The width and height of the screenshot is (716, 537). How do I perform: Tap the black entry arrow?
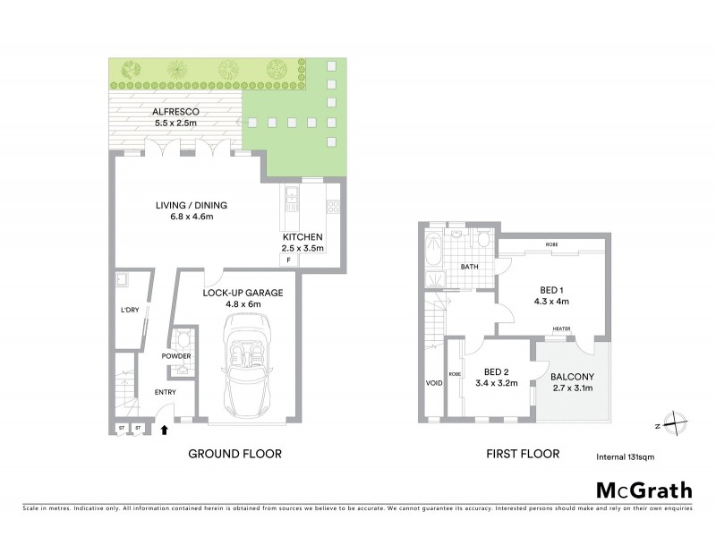click(164, 430)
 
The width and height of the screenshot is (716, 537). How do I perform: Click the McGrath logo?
click(644, 490)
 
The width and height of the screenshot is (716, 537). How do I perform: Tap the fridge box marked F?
click(288, 260)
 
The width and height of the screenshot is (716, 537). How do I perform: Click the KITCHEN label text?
click(303, 236)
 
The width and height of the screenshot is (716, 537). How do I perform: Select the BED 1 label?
click(553, 289)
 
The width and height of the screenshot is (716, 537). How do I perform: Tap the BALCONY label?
click(569, 377)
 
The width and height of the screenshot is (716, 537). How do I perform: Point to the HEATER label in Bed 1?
click(562, 328)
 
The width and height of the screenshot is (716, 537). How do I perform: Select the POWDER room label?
click(176, 356)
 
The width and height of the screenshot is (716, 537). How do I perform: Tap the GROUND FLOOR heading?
click(234, 454)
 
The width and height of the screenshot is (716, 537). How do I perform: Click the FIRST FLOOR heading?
click(523, 454)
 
